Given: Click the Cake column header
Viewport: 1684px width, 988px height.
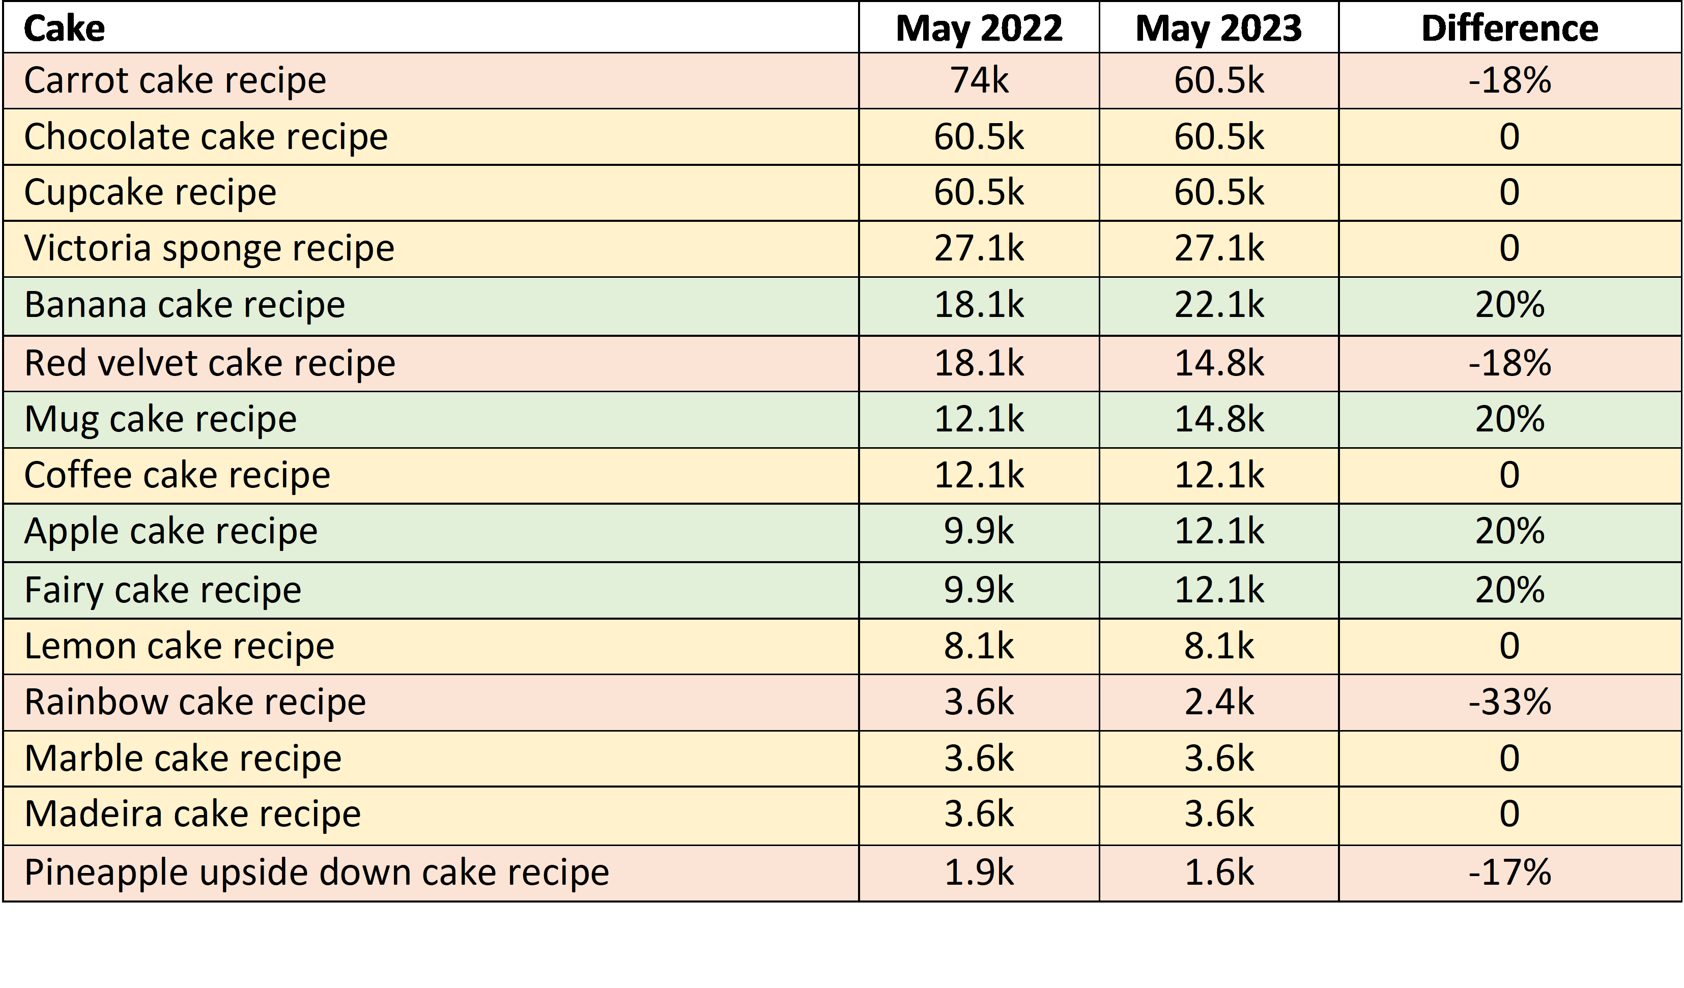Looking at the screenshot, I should pos(64,28).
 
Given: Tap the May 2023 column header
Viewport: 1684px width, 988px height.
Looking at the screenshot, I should pos(1218,28).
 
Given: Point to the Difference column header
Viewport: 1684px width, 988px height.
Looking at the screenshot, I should pos(1509,28).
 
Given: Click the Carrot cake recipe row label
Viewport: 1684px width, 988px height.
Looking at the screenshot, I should pos(175,81).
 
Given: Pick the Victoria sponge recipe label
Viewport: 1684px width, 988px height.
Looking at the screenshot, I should pos(209,248).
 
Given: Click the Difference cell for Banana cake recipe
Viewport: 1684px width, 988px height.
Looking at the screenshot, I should pos(1509,305).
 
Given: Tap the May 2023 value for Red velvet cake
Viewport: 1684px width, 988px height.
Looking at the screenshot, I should pos(1218,363).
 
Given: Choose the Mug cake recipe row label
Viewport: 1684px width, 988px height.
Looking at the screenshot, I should pos(160,420).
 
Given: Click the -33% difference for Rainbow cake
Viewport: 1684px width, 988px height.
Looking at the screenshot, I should pos(1509,702).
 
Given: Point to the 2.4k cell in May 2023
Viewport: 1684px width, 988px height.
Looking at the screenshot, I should pos(1218,702).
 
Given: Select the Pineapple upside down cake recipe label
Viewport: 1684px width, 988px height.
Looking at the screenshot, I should pos(317,873).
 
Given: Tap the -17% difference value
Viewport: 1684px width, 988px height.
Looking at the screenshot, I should pos(1509,873).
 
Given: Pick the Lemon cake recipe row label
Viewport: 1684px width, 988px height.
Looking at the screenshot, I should pos(179,646).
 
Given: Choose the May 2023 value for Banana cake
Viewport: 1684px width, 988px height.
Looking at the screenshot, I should pos(1218,305).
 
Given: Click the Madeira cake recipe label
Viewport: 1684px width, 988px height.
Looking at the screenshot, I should pos(192,815).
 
